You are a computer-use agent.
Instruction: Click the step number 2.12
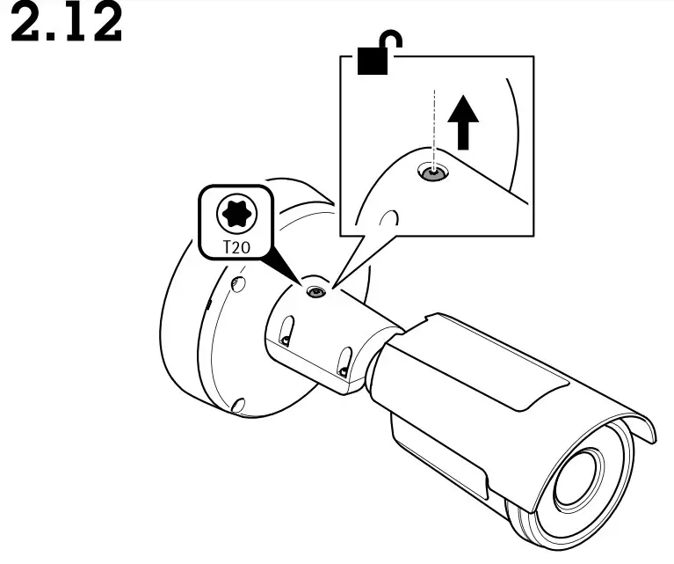(x=67, y=25)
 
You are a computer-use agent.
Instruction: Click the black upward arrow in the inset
(x=464, y=124)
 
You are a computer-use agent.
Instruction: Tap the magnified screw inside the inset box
(x=431, y=174)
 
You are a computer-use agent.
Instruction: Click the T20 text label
(x=234, y=247)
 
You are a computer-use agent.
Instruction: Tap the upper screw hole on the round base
(x=236, y=283)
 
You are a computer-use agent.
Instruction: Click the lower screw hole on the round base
(x=236, y=406)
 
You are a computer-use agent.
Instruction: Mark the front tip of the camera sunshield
(x=650, y=435)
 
